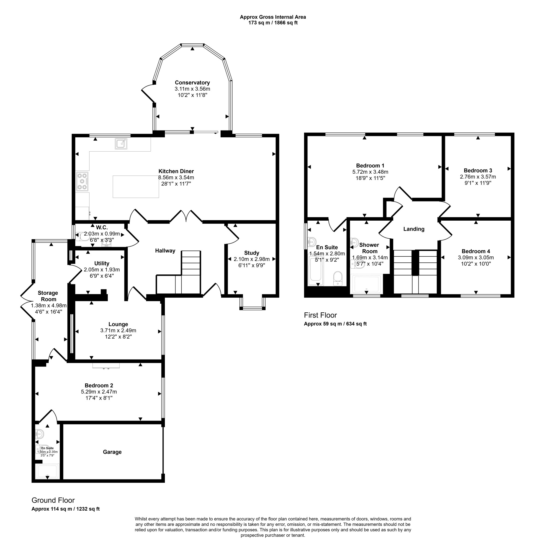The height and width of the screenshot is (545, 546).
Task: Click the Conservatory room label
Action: click(192, 82)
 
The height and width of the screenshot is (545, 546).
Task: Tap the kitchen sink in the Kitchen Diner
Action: click(121, 144)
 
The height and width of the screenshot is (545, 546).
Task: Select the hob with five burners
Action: click(82, 181)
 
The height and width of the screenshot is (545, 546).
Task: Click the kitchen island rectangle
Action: click(136, 186)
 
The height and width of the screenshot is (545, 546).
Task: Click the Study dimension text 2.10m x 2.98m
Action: click(251, 259)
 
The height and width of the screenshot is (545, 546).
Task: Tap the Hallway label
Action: click(165, 251)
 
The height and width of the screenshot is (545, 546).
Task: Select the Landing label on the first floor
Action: click(414, 229)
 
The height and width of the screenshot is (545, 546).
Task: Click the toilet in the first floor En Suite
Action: click(338, 279)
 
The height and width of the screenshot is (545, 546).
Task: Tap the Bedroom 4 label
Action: click(476, 251)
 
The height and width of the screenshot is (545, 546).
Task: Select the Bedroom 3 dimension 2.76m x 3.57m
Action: click(478, 177)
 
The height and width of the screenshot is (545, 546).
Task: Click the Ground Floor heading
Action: click(53, 500)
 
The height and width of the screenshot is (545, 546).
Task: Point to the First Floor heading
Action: click(321, 315)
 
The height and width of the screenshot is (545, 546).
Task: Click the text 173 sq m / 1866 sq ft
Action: click(273, 23)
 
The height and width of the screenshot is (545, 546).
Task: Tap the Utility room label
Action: click(102, 263)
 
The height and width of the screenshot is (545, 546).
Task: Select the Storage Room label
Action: click(48, 296)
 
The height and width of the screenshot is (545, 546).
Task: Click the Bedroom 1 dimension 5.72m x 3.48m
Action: click(370, 172)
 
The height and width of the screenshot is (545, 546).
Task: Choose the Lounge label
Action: click(118, 324)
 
